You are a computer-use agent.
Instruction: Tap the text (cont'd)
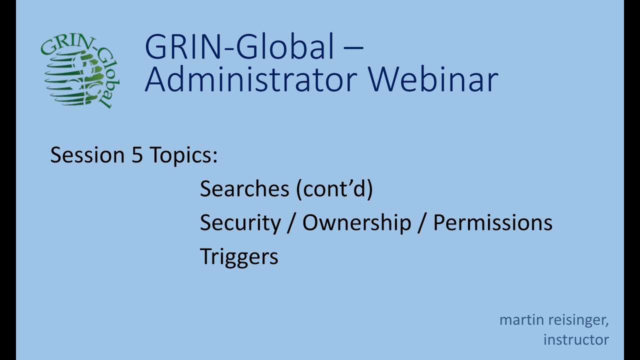334,189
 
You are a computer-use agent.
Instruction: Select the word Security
240,223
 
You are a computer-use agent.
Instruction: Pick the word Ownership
356,223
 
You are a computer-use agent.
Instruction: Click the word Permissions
492,223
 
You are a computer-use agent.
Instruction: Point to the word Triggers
239,257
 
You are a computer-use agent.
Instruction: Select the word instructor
576,340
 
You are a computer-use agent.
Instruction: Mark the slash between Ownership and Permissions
422,223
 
